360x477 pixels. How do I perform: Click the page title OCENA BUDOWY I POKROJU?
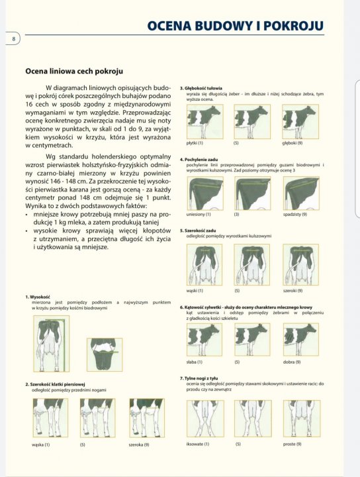[x=235, y=26]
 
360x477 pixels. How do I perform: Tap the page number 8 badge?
[x=13, y=39]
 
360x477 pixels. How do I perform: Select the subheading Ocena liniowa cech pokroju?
[x=73, y=71]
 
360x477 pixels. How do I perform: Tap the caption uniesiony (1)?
[x=199, y=215]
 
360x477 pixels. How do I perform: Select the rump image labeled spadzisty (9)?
[x=300, y=193]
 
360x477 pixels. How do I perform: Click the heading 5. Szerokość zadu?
[x=199, y=231]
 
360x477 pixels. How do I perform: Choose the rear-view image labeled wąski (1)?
[x=204, y=264]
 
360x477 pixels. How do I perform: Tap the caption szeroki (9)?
[x=292, y=290]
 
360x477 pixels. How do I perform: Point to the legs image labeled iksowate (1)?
[x=204, y=418]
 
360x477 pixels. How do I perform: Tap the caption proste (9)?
[x=292, y=444]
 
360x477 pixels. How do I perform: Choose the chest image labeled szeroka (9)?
[x=146, y=417]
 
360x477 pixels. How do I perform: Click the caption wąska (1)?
[x=41, y=445]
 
